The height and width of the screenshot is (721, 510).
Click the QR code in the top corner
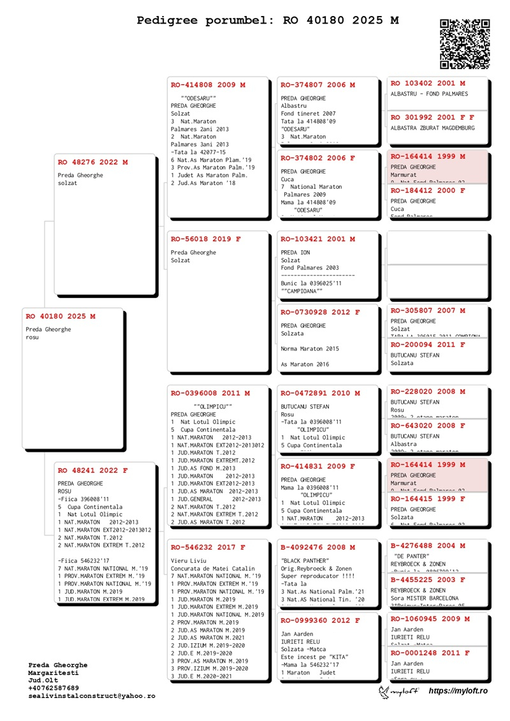(x=465, y=44)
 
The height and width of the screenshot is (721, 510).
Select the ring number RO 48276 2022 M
(x=92, y=163)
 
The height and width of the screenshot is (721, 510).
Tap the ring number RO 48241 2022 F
(x=92, y=471)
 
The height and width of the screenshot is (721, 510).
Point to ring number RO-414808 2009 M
(x=208, y=85)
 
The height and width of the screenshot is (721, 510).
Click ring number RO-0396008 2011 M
(x=210, y=394)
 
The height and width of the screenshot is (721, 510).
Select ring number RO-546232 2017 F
(x=208, y=547)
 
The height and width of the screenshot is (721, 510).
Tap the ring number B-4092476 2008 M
(x=318, y=547)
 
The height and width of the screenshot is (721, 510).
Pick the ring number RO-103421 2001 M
(x=318, y=239)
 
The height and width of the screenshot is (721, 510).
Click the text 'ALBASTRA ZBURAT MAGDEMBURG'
(x=433, y=128)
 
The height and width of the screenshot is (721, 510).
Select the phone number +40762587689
(x=54, y=688)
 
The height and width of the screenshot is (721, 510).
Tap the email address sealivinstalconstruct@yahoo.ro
(x=91, y=696)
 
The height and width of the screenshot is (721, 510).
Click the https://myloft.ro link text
(x=458, y=691)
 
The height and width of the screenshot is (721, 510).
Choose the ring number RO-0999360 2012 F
(x=321, y=620)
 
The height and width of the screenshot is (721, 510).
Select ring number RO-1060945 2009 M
(x=430, y=619)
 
